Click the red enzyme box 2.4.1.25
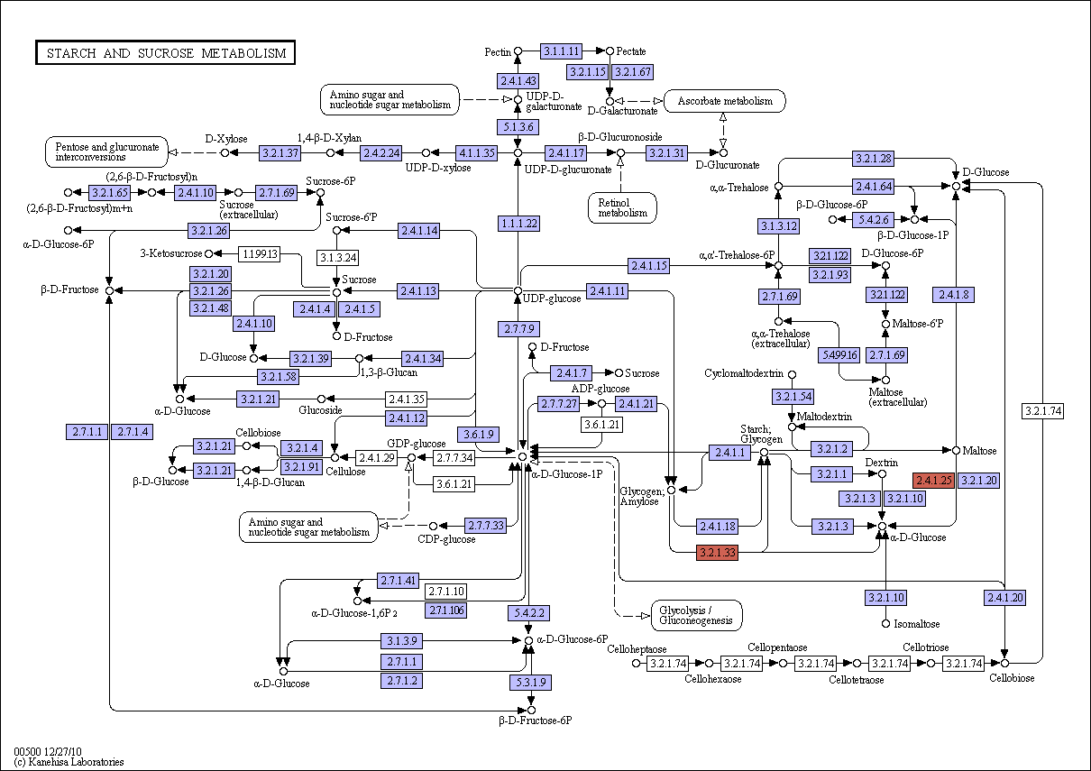click(934, 481)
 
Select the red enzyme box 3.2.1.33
click(718, 552)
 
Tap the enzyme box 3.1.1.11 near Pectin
click(561, 50)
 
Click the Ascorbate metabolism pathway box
click(725, 101)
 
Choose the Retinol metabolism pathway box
click(622, 208)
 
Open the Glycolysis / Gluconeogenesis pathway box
click(696, 615)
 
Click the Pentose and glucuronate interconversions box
click(106, 152)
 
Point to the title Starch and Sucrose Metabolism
click(166, 52)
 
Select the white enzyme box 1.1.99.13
click(260, 253)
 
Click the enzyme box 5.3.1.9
click(531, 682)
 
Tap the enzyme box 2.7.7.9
click(518, 329)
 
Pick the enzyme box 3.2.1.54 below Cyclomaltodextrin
click(793, 396)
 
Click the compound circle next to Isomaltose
click(886, 623)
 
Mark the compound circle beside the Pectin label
click(518, 50)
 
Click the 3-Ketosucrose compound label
click(171, 253)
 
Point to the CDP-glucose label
click(446, 539)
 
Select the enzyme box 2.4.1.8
click(954, 294)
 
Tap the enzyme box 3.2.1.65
click(110, 192)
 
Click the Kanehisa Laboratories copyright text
click(69, 762)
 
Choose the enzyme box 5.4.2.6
click(874, 220)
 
